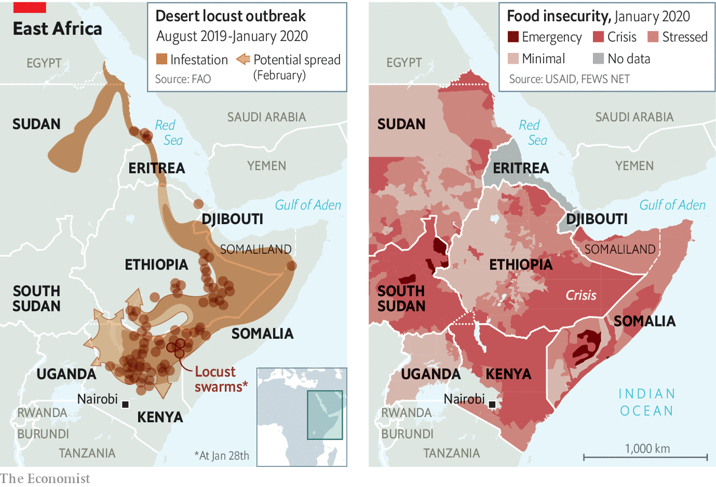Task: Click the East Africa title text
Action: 57,29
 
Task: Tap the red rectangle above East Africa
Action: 29,7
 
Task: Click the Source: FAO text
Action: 183,79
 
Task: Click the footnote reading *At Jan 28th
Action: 222,455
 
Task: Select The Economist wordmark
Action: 45,478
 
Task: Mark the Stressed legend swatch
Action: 652,37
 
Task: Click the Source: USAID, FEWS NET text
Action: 569,79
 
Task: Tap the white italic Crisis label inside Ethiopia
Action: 581,295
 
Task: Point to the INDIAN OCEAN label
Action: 646,402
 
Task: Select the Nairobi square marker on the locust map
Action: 126,404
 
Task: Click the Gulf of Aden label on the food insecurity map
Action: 672,205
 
